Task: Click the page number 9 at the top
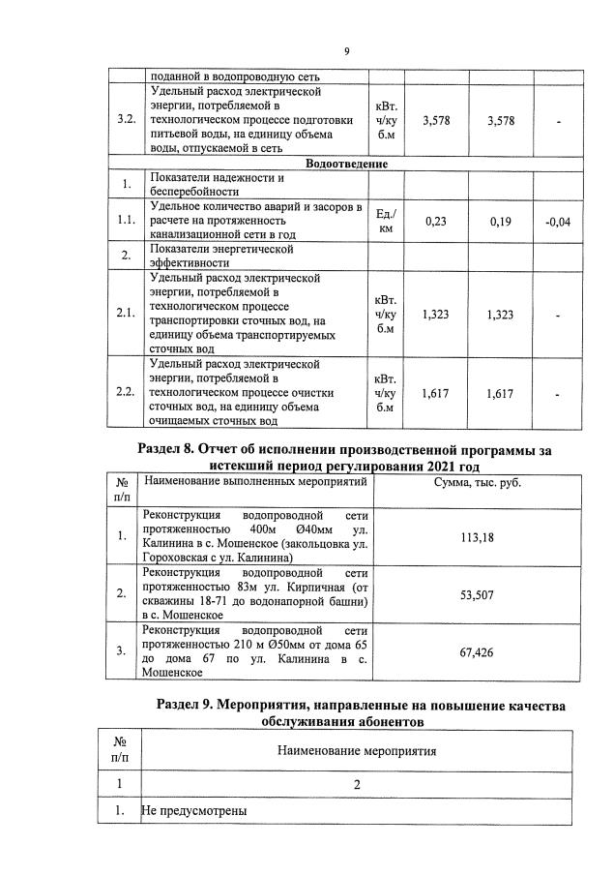click(x=346, y=52)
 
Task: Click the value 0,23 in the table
click(x=436, y=222)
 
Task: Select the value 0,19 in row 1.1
click(x=501, y=222)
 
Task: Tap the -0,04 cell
click(x=558, y=222)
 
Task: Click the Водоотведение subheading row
click(x=346, y=164)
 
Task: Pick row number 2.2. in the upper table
click(x=125, y=392)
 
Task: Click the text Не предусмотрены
click(x=194, y=810)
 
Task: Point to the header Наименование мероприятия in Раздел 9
click(x=357, y=750)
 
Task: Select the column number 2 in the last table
click(x=357, y=783)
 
